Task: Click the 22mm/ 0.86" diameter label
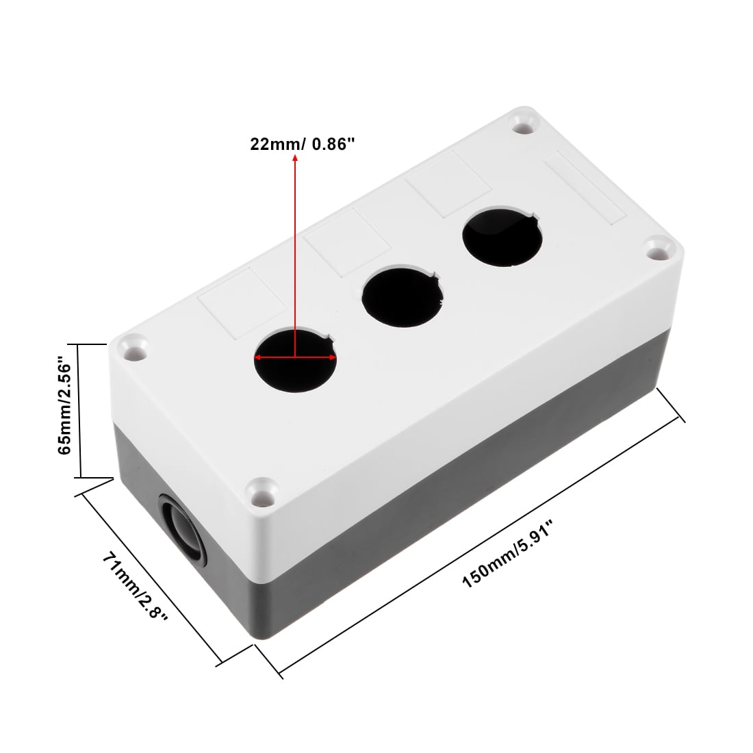(x=303, y=144)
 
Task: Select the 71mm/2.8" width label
(x=135, y=586)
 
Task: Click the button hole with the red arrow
(x=295, y=359)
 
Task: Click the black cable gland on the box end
(x=183, y=530)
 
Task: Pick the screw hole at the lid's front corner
(x=261, y=492)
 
